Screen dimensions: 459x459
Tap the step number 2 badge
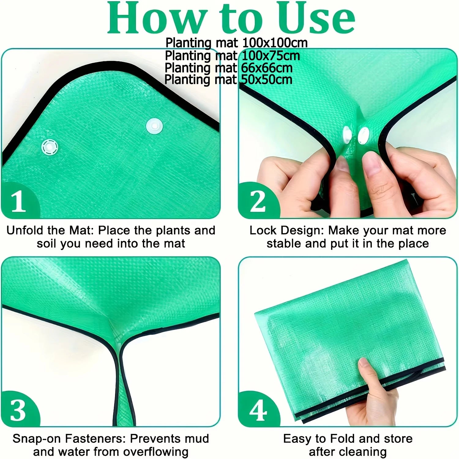[x=258, y=200]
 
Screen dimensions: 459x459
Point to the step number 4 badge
[x=258, y=409]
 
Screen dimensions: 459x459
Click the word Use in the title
[x=316, y=18]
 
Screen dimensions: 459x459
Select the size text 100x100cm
[x=275, y=43]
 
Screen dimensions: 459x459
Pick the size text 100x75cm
[x=271, y=56]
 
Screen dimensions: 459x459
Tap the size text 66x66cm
[x=267, y=68]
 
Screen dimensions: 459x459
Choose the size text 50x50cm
[x=267, y=80]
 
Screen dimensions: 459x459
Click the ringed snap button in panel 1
[x=50, y=147]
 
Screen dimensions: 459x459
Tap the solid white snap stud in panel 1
[x=154, y=126]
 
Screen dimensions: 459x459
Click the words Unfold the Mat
[x=49, y=230]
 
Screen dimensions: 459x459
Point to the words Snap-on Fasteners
[x=69, y=438]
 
